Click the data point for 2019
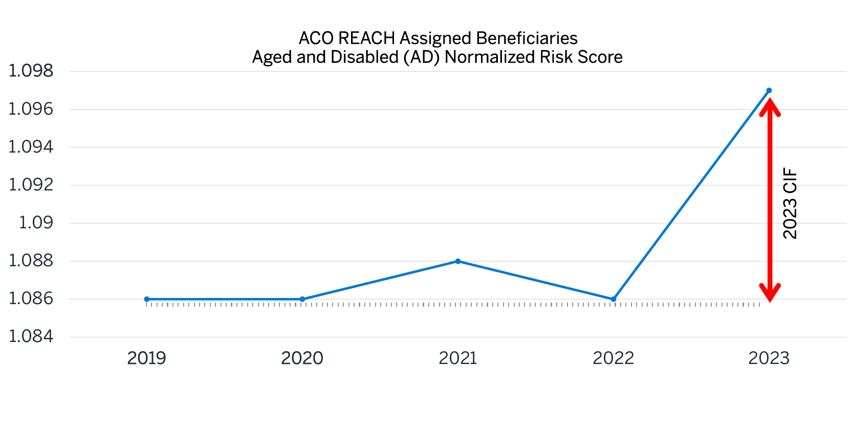click(147, 299)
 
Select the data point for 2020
click(302, 299)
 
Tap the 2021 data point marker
click(458, 261)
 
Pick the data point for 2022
click(614, 299)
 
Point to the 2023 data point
click(769, 91)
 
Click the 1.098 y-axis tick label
click(31, 71)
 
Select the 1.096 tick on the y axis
click(31, 109)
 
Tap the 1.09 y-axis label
click(36, 223)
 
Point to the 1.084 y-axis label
click(31, 336)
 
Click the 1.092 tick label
click(31, 185)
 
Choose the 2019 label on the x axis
click(147, 358)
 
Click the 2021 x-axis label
click(458, 358)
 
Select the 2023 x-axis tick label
click(769, 358)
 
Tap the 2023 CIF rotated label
click(791, 203)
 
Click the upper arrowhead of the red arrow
click(770, 106)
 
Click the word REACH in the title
click(366, 38)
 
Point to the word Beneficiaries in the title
click(527, 38)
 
